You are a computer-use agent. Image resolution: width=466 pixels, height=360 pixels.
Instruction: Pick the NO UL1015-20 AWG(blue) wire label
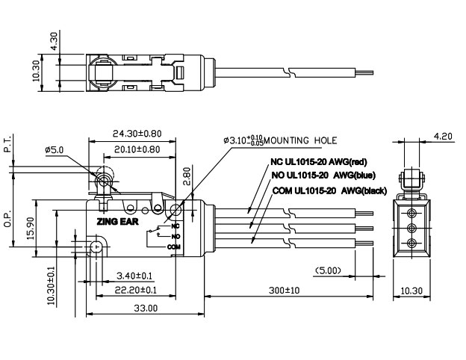click(322, 176)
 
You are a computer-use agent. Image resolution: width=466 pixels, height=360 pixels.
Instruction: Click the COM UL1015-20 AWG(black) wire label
click(328, 191)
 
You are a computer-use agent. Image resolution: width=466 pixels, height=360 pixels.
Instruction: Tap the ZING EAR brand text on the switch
click(113, 221)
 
